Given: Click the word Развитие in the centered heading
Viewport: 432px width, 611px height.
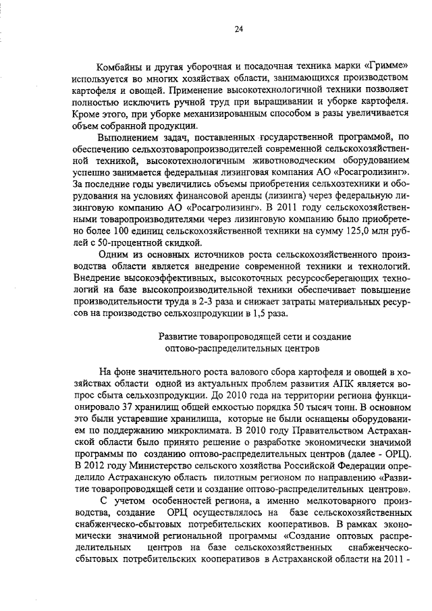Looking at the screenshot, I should pyautogui.click(x=182, y=336).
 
